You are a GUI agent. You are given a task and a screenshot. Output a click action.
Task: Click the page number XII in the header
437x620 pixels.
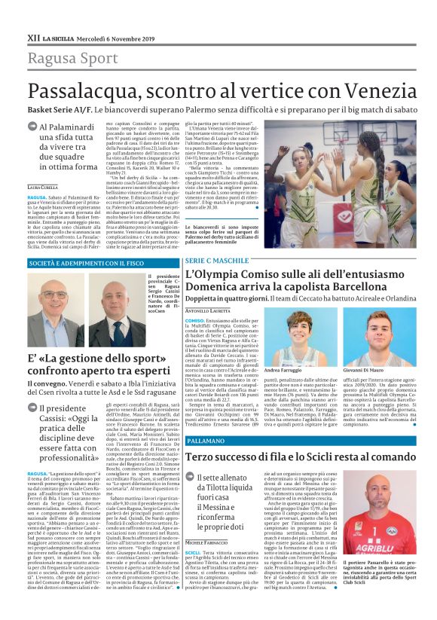coord(33,36)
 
